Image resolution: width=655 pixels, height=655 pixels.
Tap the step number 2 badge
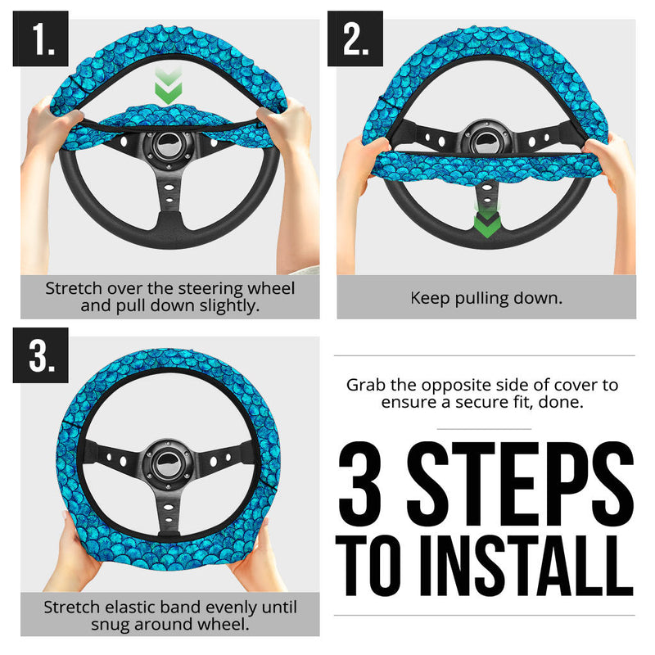[355, 38]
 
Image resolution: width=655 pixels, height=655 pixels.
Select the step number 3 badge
[40, 357]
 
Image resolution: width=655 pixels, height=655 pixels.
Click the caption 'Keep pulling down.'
[486, 297]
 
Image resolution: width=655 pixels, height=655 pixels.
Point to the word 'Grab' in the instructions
[365, 385]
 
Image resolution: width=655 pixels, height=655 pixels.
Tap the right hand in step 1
[288, 131]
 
